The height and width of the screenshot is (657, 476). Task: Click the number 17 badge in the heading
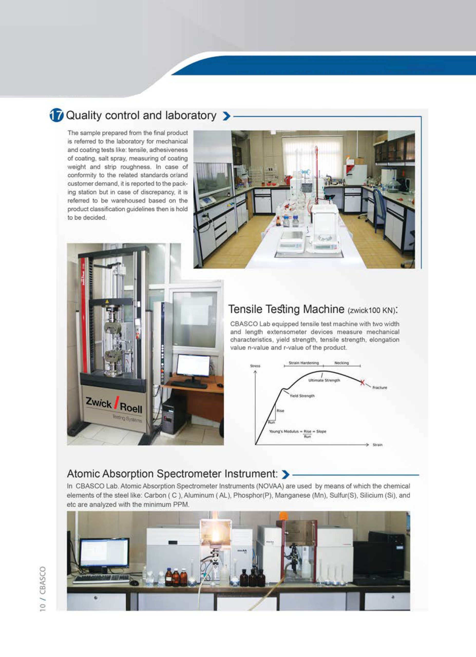pos(56,115)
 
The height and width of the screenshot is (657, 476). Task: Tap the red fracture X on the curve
pos(362,382)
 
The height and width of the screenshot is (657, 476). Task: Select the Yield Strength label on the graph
pos(302,396)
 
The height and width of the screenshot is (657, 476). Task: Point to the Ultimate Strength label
pos(324,380)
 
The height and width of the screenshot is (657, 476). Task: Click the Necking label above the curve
pos(341,363)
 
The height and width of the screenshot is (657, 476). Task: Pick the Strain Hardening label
pos(304,363)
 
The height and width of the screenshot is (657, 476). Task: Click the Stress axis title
pos(255,366)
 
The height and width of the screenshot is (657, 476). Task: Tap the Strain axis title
pos(377,445)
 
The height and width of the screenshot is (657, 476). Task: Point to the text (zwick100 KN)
pos(372,311)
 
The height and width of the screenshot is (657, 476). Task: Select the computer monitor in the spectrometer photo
pos(104,553)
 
